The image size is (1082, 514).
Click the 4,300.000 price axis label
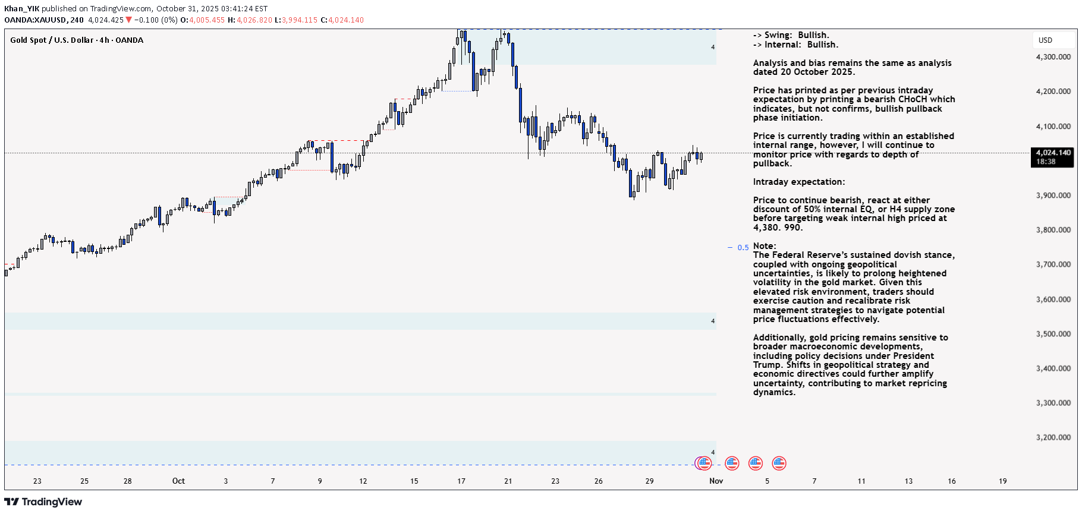tap(1053, 57)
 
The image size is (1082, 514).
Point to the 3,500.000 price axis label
tap(1053, 334)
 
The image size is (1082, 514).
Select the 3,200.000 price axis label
tap(1053, 437)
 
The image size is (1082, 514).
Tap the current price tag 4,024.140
tap(1053, 153)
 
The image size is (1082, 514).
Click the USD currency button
tap(1045, 40)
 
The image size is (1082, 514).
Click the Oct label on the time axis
tap(178, 481)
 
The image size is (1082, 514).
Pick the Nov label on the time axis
tap(716, 481)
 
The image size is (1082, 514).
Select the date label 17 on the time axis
tap(461, 481)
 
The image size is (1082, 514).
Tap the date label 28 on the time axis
tap(128, 481)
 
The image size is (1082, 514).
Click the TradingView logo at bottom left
tap(43, 502)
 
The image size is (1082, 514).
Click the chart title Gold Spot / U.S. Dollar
tap(52, 40)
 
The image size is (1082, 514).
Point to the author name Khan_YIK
tap(21, 9)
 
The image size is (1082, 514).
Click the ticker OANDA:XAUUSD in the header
tap(35, 20)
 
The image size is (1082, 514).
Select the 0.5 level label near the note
tap(743, 248)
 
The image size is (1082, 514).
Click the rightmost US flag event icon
tap(779, 463)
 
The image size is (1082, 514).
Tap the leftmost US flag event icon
tap(704, 463)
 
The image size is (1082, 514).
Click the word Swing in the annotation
tap(778, 35)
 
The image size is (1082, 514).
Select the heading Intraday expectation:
tap(798, 182)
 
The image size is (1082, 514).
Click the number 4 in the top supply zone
tap(713, 47)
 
